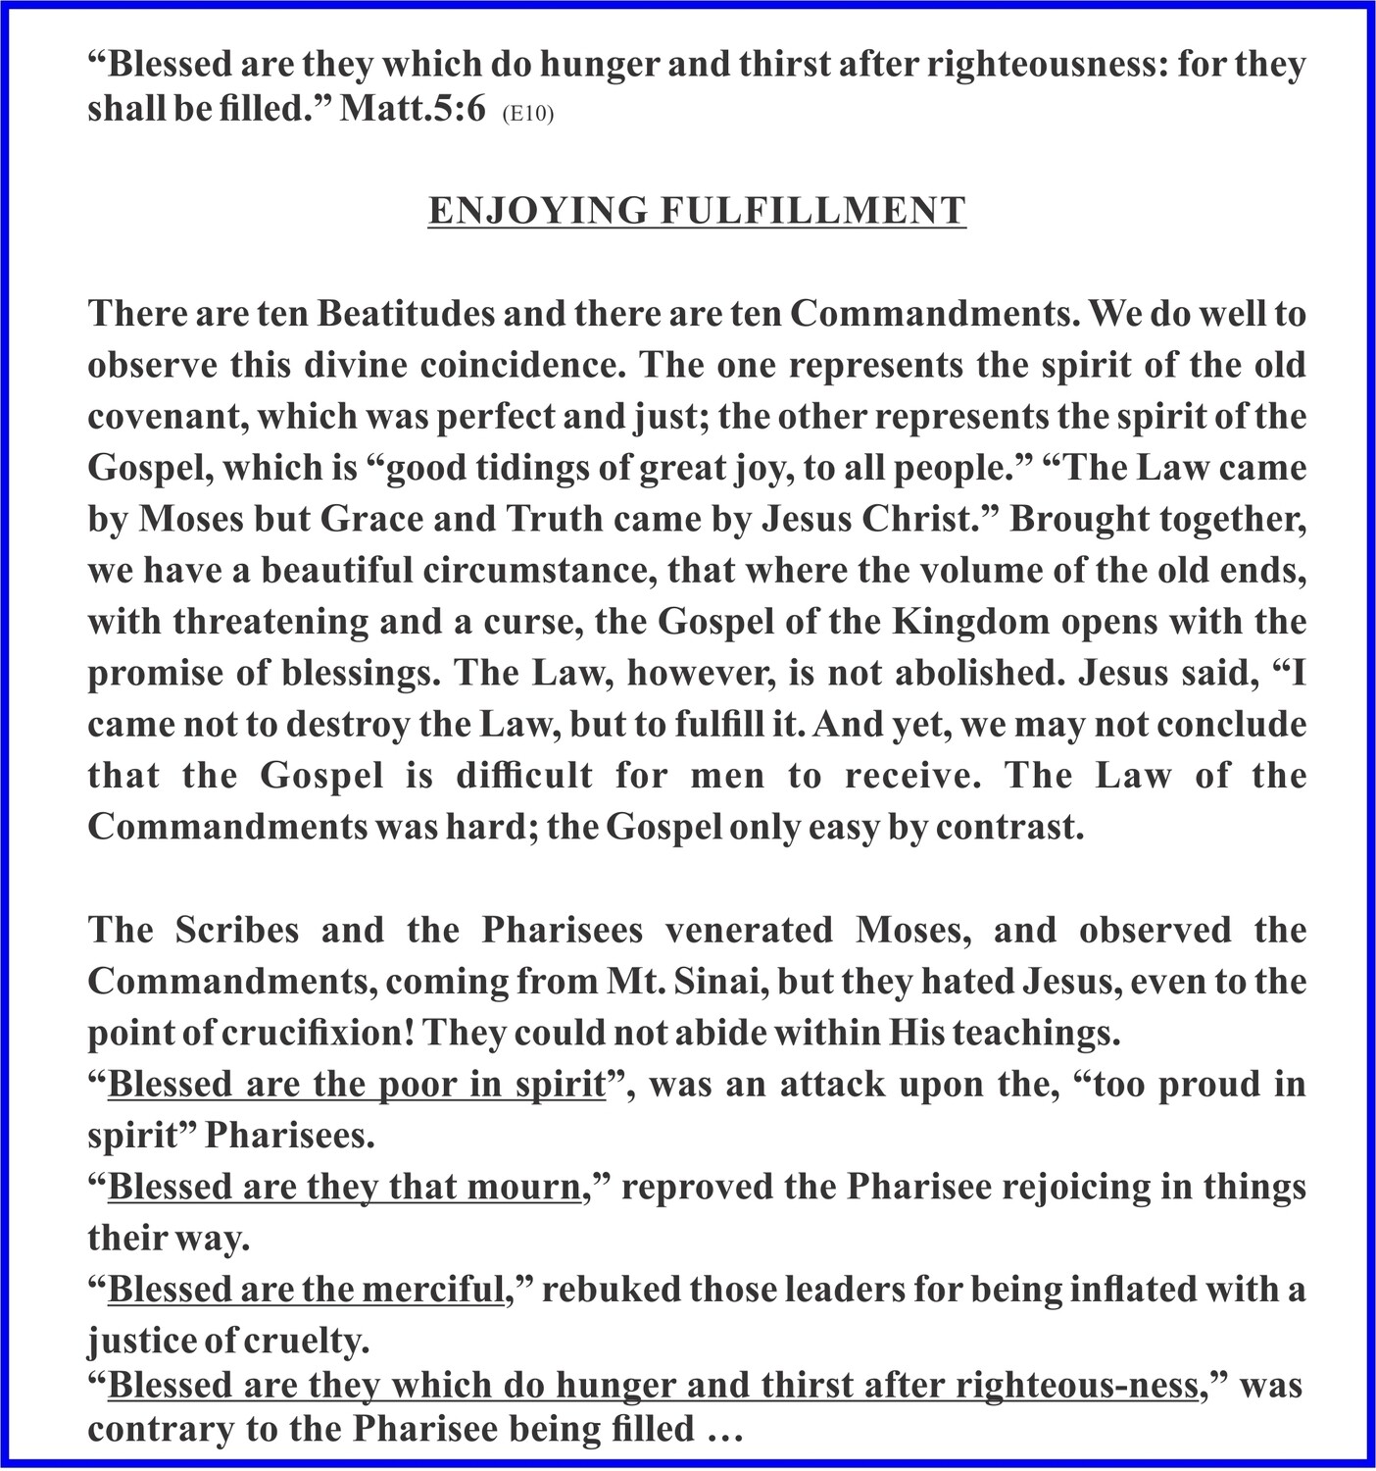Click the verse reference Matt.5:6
(x=412, y=110)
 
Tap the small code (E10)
(x=528, y=114)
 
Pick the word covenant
(x=165, y=417)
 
